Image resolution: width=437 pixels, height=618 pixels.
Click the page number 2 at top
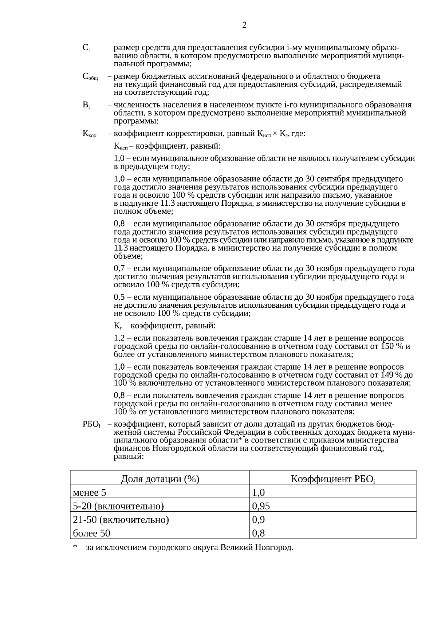click(x=244, y=25)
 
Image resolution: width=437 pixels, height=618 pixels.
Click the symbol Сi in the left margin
click(x=86, y=48)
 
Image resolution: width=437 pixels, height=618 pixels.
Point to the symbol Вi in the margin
click(x=86, y=105)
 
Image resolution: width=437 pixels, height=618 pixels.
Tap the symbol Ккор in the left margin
click(x=90, y=134)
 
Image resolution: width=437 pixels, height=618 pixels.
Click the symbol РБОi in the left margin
click(x=91, y=424)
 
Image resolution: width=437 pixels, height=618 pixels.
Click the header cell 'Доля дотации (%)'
click(x=160, y=479)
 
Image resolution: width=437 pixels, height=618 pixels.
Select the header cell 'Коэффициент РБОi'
click(x=333, y=479)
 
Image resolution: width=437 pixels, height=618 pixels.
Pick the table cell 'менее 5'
click(x=90, y=493)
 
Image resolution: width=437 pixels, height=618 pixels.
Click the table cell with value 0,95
click(x=261, y=506)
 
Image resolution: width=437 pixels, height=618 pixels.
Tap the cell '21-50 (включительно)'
click(x=121, y=520)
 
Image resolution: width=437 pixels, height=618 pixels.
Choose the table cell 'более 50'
click(x=91, y=533)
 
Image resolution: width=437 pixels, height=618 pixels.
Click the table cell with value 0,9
click(x=259, y=520)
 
